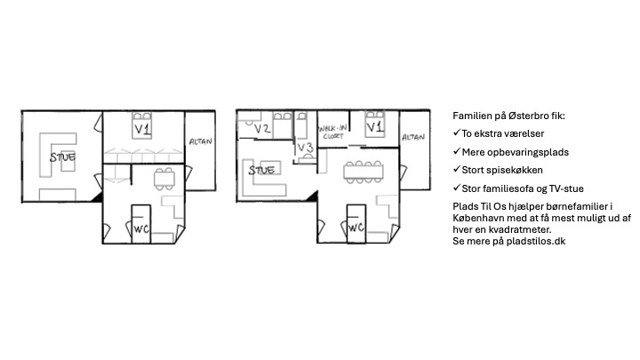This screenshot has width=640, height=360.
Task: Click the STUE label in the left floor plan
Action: tap(62, 157)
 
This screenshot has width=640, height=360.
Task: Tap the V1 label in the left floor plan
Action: tap(142, 130)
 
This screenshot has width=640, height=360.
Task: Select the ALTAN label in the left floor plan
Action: tap(200, 141)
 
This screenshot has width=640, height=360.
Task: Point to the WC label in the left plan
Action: tap(141, 229)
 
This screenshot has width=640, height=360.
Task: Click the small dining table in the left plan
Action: tap(164, 179)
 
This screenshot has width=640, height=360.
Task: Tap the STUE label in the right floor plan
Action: tap(261, 170)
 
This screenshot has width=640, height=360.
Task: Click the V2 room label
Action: tap(262, 129)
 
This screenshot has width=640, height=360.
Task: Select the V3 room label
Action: tap(305, 148)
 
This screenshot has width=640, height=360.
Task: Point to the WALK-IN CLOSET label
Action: tap(333, 132)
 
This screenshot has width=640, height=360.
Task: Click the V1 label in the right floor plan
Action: tap(375, 127)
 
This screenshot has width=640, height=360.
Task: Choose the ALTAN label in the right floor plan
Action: tap(413, 137)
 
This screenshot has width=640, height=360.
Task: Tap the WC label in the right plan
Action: tap(356, 227)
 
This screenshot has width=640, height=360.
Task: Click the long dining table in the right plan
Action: tap(364, 172)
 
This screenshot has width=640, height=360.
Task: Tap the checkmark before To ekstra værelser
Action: tap(456, 132)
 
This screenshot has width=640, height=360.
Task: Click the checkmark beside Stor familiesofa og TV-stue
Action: tap(456, 188)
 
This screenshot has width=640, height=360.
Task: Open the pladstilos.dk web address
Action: tap(536, 241)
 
